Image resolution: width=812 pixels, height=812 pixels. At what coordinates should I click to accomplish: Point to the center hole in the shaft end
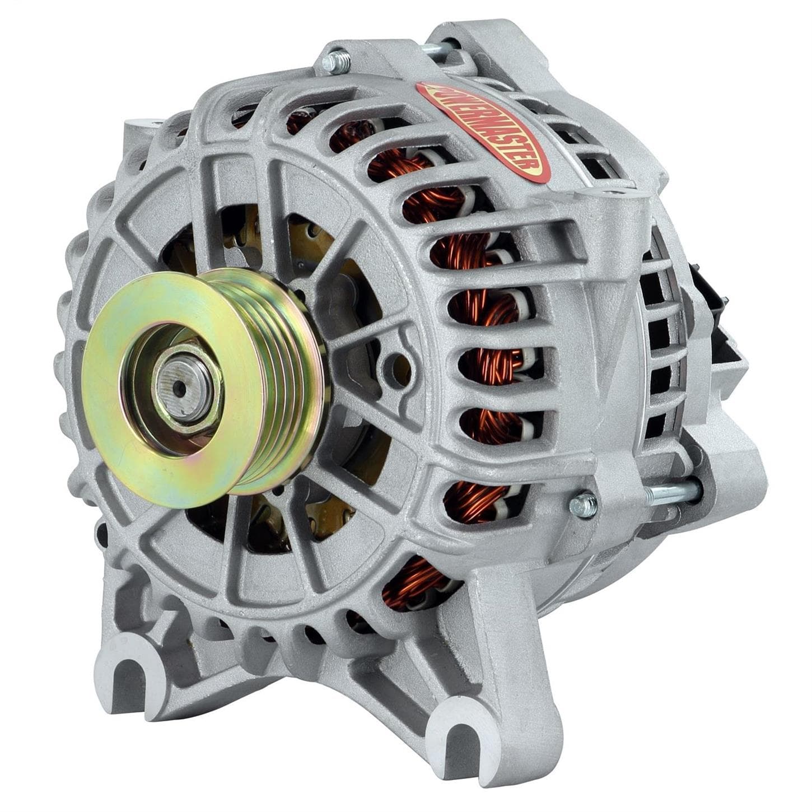pos(178,385)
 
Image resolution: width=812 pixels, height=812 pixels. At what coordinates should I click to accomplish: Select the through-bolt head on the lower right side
pos(582,504)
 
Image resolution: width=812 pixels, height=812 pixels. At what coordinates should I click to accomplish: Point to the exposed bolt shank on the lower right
pos(672,492)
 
